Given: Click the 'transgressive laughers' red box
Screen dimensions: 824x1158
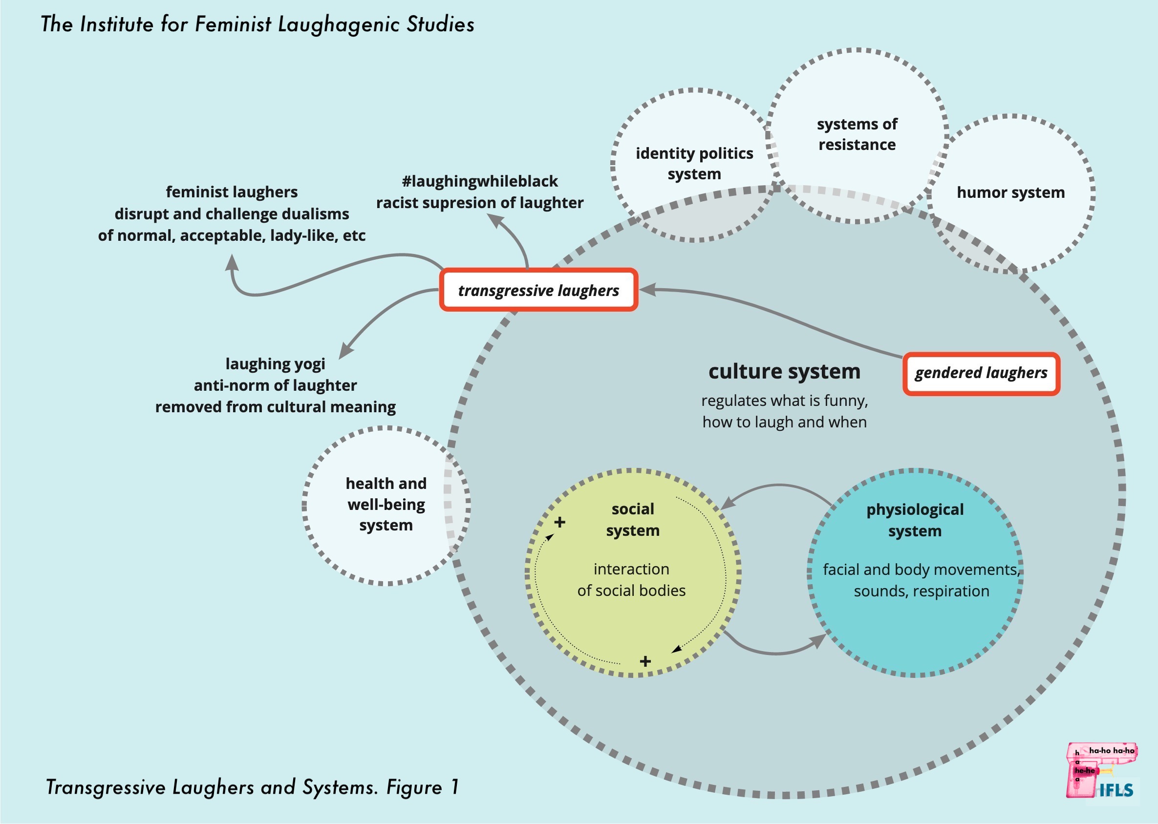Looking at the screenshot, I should (x=538, y=290).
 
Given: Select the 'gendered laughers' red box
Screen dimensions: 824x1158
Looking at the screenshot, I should (x=981, y=373).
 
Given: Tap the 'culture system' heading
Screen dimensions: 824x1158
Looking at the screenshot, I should (x=784, y=371).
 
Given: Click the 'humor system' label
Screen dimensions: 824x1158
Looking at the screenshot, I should (x=1010, y=193).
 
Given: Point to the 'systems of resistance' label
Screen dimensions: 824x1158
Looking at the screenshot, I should (x=857, y=134).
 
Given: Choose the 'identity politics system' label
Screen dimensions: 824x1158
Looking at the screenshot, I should (x=694, y=163).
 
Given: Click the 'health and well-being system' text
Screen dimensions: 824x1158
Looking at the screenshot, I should (x=386, y=504).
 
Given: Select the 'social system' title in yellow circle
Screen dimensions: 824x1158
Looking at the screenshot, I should (x=632, y=520).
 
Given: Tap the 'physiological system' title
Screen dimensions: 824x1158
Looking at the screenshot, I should (x=914, y=520).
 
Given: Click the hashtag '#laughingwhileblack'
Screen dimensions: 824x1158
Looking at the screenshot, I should (x=479, y=181).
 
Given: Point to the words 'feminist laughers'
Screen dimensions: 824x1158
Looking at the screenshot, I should (x=232, y=192).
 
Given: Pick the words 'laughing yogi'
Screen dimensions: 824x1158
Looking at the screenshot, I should (x=275, y=364).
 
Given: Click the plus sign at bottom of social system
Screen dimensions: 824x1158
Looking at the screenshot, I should (x=645, y=661).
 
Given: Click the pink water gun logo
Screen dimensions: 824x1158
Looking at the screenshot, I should (x=1091, y=766).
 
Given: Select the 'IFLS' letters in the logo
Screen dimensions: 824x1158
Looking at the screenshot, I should (x=1116, y=790).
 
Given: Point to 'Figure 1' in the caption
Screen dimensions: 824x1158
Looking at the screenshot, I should (x=422, y=787).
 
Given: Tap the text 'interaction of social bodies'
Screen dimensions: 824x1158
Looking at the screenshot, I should (x=631, y=580).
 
